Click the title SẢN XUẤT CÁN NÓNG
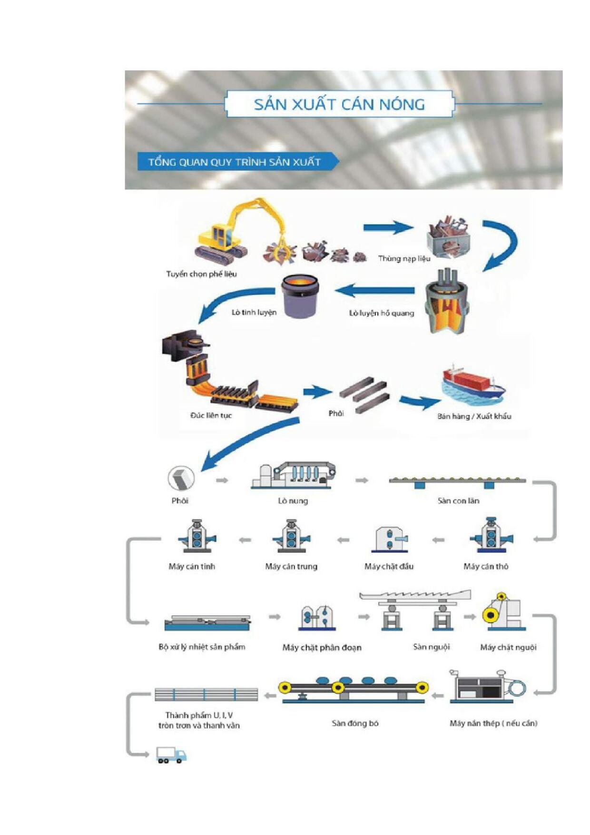click(x=339, y=104)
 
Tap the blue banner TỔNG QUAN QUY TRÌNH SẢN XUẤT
click(x=234, y=162)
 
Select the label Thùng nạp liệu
click(x=404, y=258)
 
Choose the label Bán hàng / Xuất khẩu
click(x=474, y=416)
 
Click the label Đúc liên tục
click(x=211, y=415)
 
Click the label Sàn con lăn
click(x=458, y=501)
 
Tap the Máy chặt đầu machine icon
click(x=390, y=540)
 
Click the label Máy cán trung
click(x=291, y=566)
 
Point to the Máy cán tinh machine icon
click(x=196, y=536)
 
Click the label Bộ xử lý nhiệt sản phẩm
click(x=202, y=647)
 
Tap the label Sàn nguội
click(x=431, y=647)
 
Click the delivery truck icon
click(x=171, y=755)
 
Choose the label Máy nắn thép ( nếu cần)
click(x=493, y=723)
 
